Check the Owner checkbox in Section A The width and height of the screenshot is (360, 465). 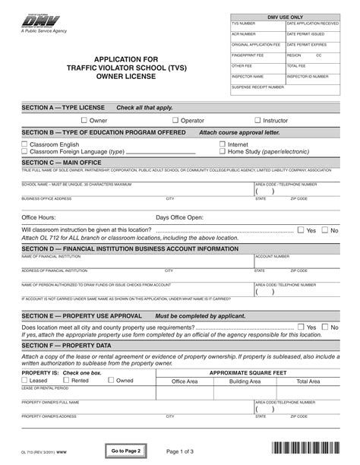coord(84,120)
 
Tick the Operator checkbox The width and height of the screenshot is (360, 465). coord(175,120)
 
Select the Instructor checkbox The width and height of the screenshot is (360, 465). coord(258,120)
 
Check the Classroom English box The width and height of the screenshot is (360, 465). coord(24,144)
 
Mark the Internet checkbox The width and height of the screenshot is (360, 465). coord(223,144)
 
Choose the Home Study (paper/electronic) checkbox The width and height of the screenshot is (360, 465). coord(223,151)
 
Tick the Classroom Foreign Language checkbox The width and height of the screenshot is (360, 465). coord(24,151)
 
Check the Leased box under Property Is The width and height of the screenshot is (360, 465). coord(24,380)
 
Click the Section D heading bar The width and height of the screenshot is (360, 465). coord(180,248)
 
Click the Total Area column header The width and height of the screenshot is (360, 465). coord(308,381)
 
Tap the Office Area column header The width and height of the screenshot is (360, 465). coord(185,381)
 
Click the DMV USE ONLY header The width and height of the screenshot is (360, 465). coord(285,15)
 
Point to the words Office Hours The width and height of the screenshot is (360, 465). coord(39,217)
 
